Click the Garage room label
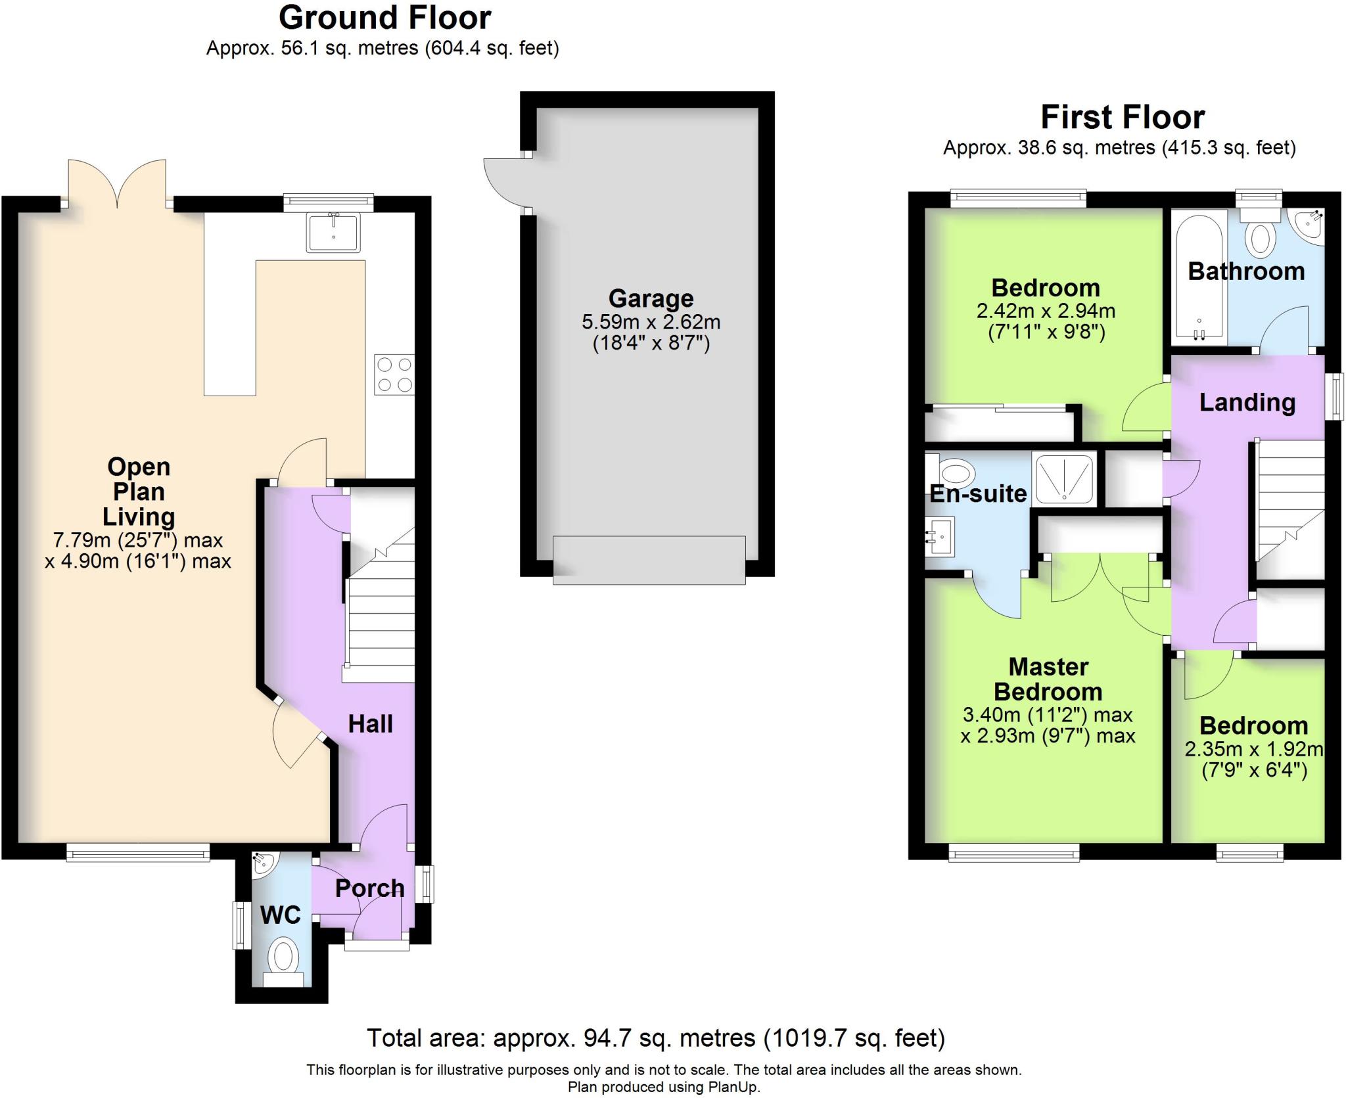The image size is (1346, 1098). pos(651,298)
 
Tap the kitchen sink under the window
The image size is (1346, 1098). pos(333,232)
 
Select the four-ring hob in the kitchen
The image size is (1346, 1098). pos(394,375)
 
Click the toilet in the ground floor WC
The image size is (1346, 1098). pos(283,964)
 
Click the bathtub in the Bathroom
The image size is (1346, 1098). pos(1199,277)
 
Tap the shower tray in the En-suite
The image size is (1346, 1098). pos(1064,480)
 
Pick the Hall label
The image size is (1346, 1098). pos(371,724)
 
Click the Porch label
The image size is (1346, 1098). pos(370,888)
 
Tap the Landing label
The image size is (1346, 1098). pos(1247,402)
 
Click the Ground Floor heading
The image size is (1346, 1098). pos(385,18)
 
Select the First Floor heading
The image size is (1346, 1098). pos(1123,118)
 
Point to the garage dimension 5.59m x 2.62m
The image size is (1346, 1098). pos(651,323)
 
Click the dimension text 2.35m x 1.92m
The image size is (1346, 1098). pos(1254,749)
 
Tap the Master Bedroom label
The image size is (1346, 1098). pos(1048,679)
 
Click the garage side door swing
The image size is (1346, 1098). pos(506,184)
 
